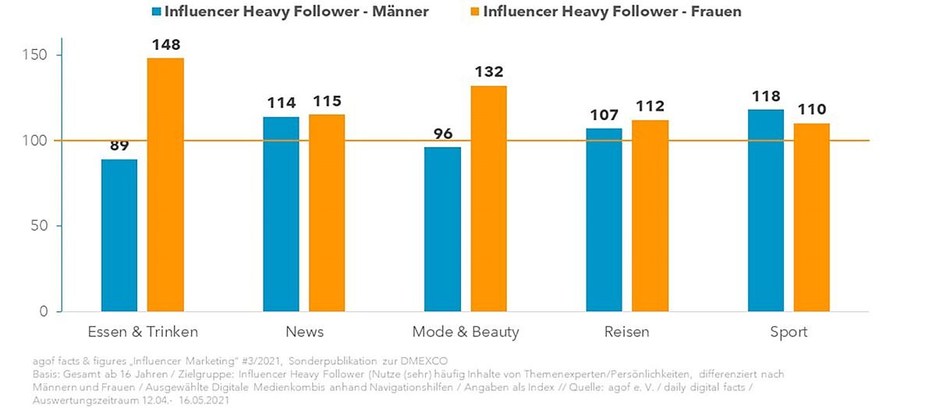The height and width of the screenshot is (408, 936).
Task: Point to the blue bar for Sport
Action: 766,211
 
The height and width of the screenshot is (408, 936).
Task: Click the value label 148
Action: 165,46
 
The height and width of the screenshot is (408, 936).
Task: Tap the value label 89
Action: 119,146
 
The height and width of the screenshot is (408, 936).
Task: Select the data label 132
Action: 488,73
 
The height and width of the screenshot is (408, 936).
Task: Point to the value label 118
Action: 765,97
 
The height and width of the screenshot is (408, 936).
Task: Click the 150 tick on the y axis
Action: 40,55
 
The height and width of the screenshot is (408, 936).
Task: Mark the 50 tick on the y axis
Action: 44,226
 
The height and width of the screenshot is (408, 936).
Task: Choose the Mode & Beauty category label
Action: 466,332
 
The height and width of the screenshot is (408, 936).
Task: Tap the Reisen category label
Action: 626,332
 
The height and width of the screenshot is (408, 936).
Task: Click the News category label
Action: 305,332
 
